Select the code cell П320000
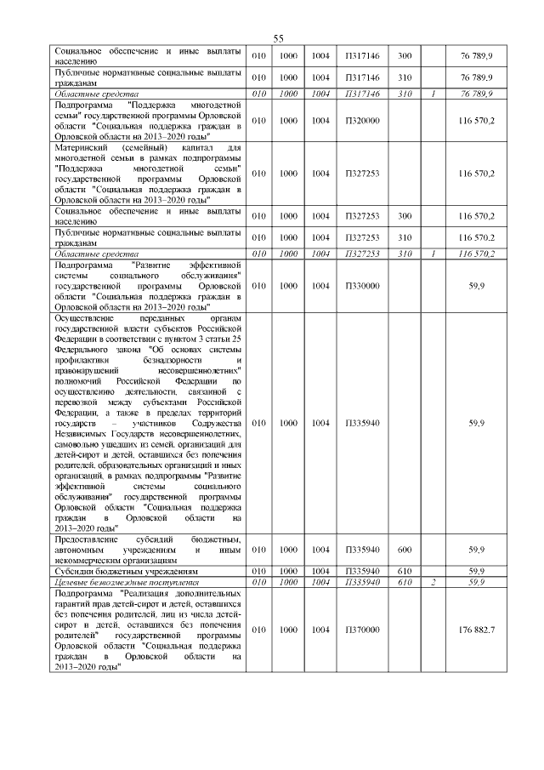(362, 122)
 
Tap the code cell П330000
(362, 288)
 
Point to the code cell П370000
(362, 629)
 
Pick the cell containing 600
(405, 550)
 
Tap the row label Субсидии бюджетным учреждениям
(114, 571)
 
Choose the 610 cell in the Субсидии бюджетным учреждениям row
(405, 571)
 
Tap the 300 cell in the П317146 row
(405, 55)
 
